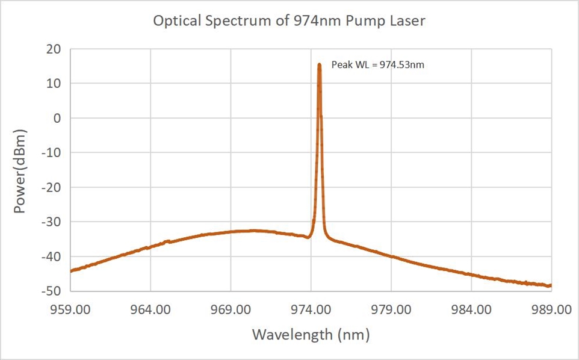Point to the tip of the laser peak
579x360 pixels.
(319, 64)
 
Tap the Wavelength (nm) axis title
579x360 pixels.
(311, 334)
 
